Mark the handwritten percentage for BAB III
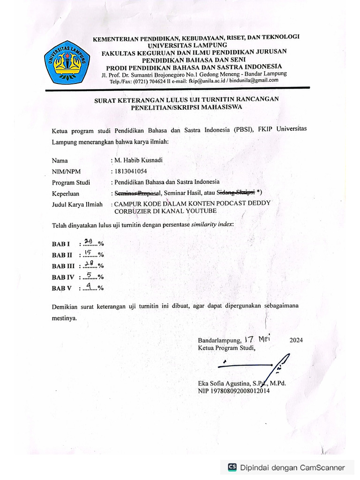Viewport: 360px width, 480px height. pos(89,264)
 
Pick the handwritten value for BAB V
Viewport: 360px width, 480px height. pos(89,287)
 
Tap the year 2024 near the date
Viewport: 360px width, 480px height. pos(296,340)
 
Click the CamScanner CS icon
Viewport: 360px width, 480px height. pos(232,467)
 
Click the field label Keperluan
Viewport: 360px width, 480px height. pos(66,193)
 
